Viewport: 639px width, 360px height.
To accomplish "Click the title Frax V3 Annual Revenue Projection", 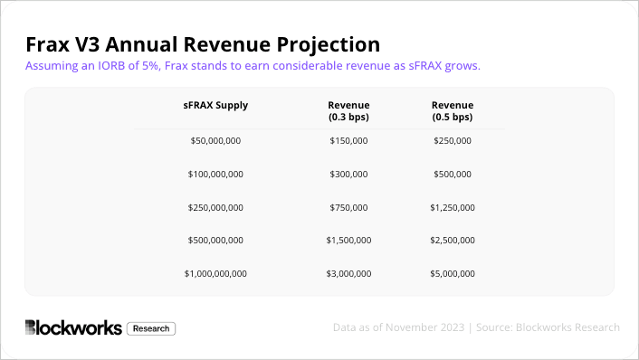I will tap(202, 44).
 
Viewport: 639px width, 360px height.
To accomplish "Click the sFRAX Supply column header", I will tap(215, 105).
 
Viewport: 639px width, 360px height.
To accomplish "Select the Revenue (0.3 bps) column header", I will tap(348, 111).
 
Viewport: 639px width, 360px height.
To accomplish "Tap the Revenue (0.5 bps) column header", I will tap(453, 111).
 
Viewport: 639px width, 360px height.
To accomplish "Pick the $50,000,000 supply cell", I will tap(215, 141).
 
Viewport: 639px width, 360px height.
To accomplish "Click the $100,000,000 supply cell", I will tap(215, 174).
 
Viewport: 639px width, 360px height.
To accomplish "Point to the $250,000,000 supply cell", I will tap(215, 207).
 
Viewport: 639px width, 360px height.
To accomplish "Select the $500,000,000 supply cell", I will tap(215, 240).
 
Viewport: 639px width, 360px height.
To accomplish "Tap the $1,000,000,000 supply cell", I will tap(215, 273).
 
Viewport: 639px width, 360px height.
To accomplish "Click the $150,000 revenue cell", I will tap(348, 141).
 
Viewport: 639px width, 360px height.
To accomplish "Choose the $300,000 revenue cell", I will tap(348, 174).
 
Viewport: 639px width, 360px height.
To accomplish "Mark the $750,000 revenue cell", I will tap(348, 207).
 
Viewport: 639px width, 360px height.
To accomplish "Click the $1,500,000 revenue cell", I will tap(348, 240).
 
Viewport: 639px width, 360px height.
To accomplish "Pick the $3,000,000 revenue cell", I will tap(348, 273).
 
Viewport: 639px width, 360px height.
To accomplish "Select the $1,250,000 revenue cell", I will tap(453, 207).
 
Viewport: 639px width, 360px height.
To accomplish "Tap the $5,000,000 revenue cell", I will tap(453, 273).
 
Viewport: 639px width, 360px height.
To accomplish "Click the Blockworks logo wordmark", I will tap(73, 328).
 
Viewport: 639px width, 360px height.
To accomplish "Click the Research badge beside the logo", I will tap(151, 328).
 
